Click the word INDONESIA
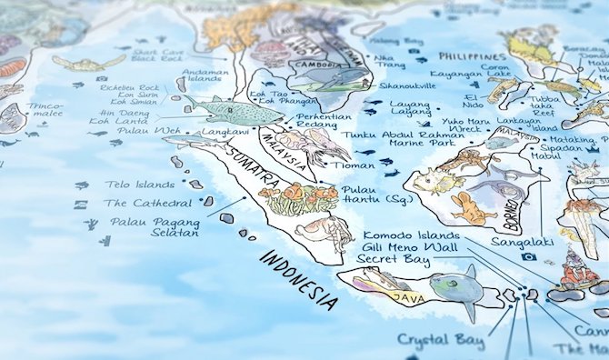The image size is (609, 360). tap(301, 277)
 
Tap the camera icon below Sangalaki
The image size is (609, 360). tap(527, 257)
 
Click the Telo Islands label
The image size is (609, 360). tap(138, 185)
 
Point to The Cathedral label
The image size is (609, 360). tap(148, 203)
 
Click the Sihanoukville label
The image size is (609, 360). tap(407, 87)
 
